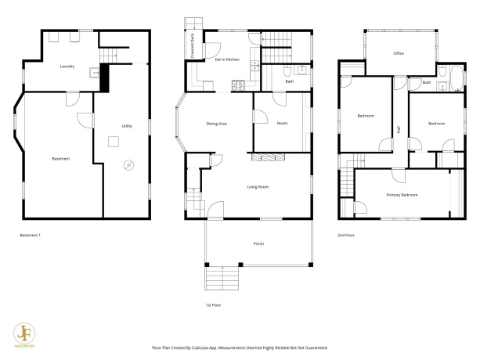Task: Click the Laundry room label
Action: (x=67, y=67)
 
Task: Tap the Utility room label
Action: (x=127, y=126)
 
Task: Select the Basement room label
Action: (x=61, y=159)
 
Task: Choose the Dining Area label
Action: (x=217, y=124)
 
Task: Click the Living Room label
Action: (x=258, y=187)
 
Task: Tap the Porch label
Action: (x=258, y=243)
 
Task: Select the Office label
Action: (x=399, y=53)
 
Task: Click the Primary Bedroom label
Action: (x=402, y=194)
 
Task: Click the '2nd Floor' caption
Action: (x=346, y=235)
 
